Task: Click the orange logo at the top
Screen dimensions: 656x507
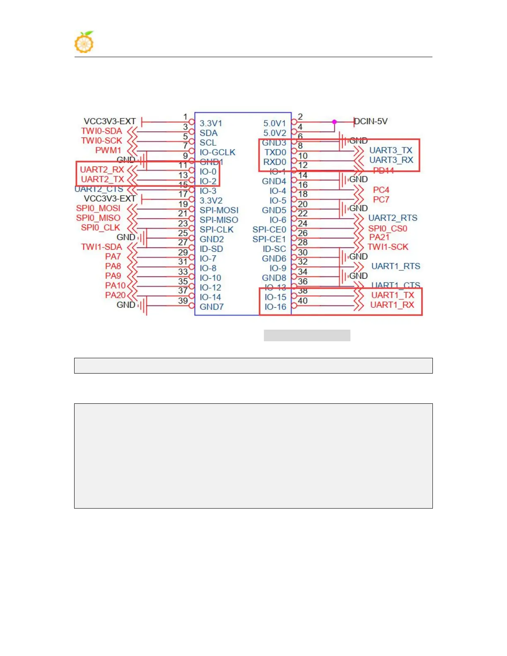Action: (84, 42)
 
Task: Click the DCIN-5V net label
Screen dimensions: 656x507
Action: (371, 121)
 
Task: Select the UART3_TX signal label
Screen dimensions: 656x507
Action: (391, 150)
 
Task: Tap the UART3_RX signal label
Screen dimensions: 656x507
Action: (391, 160)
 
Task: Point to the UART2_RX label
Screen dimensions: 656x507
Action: (102, 169)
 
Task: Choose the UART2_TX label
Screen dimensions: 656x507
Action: (102, 179)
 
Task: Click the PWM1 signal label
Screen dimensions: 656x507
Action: (108, 150)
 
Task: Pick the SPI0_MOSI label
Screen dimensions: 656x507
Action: (98, 208)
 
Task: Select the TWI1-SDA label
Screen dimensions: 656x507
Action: (101, 247)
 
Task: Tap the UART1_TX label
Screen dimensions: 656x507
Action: (392, 295)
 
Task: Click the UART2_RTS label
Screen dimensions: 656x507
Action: (392, 218)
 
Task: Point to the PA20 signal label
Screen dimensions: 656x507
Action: (115, 295)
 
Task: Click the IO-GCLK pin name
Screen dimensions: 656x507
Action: (217, 152)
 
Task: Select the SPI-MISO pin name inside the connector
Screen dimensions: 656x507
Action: (219, 220)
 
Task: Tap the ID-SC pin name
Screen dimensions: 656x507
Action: (274, 249)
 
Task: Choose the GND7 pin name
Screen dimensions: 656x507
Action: (211, 307)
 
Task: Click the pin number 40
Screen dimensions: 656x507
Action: (303, 301)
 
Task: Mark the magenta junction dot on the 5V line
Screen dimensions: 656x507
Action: (334, 122)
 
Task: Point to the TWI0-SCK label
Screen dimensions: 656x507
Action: (101, 140)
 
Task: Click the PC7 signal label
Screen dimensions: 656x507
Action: (381, 200)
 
